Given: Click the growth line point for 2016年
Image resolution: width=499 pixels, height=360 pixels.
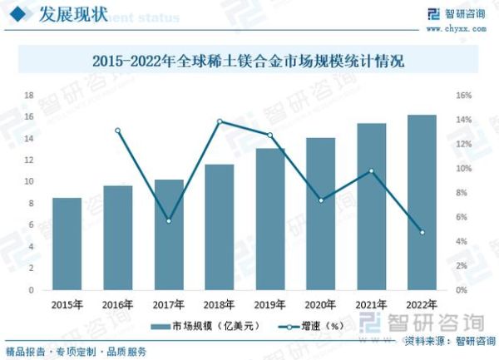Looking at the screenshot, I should coord(117,131).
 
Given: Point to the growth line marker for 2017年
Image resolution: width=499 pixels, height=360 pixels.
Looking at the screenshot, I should coord(169,221).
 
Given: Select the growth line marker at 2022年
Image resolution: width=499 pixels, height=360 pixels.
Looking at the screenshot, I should coord(422,233).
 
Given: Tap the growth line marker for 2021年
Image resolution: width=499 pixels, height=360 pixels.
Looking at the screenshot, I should coord(371,171).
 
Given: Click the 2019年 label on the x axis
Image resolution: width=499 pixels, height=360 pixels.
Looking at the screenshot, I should coord(270,305).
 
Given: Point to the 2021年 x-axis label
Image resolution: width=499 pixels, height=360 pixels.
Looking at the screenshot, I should coord(371,305).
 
